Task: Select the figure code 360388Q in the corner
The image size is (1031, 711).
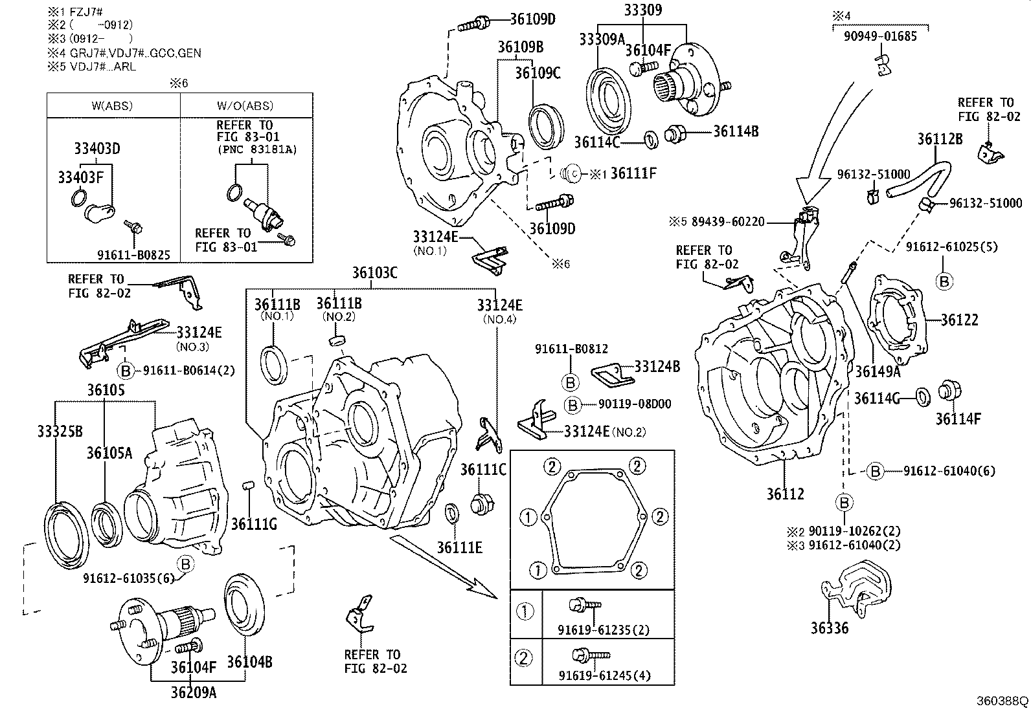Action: (1002, 701)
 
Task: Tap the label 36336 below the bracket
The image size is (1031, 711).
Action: (829, 628)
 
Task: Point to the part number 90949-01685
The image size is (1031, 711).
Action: (880, 37)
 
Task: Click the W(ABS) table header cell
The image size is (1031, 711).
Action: (113, 105)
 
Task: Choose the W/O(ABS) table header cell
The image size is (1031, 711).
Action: (245, 105)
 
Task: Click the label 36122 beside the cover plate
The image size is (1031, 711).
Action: (959, 320)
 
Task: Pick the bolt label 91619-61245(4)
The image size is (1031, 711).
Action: (604, 676)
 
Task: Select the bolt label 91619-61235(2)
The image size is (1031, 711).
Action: (604, 630)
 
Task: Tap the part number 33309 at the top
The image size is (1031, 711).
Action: (643, 11)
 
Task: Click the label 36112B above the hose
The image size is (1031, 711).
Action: (940, 139)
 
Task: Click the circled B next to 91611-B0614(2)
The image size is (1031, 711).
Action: (126, 371)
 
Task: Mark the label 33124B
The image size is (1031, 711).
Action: (657, 367)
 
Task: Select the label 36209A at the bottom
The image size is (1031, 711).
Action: (194, 692)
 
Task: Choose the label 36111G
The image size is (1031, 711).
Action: (254, 524)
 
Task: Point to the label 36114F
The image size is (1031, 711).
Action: (958, 419)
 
